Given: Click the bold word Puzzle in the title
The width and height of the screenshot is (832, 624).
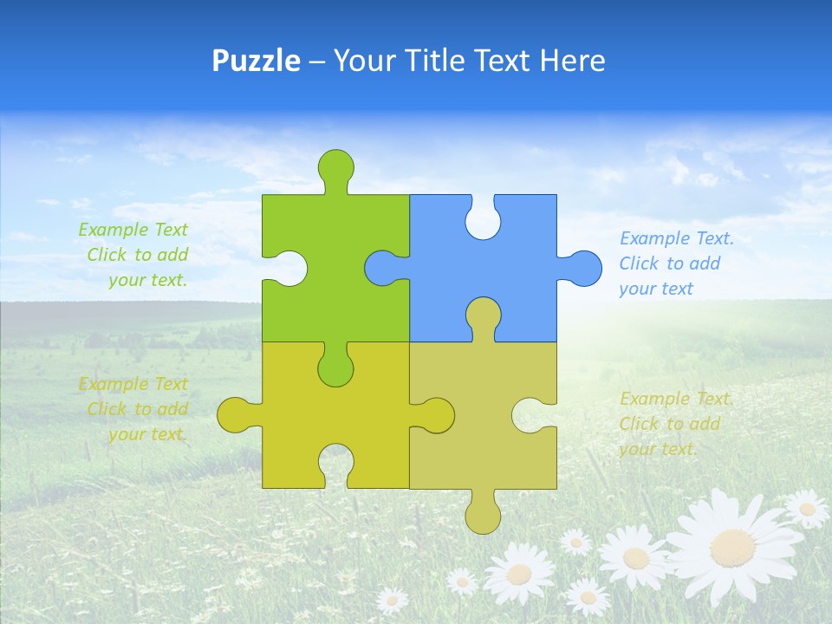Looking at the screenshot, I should pyautogui.click(x=257, y=61).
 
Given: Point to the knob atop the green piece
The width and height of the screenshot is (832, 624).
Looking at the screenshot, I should pyautogui.click(x=336, y=166).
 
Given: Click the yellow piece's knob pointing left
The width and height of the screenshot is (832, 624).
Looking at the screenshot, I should pyautogui.click(x=236, y=415).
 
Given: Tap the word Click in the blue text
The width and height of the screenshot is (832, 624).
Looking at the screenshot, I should pyautogui.click(x=639, y=263).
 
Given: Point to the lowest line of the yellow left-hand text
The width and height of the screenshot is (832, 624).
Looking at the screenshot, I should pyautogui.click(x=147, y=434).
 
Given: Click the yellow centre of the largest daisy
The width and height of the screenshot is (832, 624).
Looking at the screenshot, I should pyautogui.click(x=733, y=547).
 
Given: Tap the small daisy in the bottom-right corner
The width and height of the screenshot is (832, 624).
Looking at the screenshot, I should pyautogui.click(x=807, y=508).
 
